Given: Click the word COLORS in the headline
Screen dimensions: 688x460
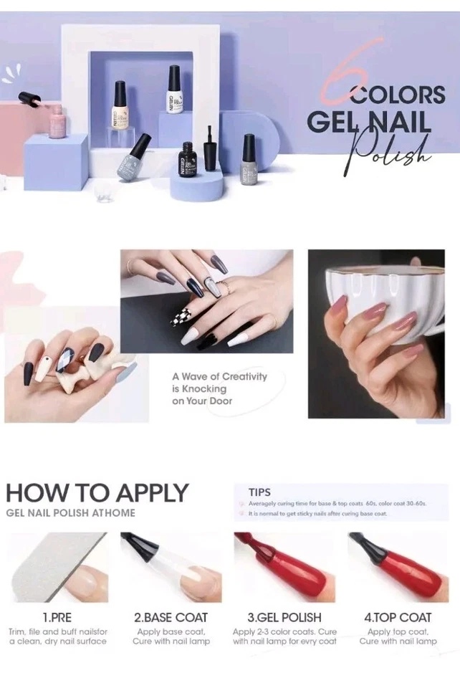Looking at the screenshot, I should click(x=398, y=95).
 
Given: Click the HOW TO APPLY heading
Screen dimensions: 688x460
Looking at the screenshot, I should click(x=97, y=493).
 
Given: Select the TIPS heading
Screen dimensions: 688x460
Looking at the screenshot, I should click(x=259, y=492).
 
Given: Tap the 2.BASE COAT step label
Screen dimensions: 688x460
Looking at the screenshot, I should click(x=171, y=617).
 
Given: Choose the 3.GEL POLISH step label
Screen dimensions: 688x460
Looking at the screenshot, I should click(x=284, y=617).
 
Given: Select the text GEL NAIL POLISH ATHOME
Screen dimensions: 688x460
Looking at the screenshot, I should click(x=70, y=513).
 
